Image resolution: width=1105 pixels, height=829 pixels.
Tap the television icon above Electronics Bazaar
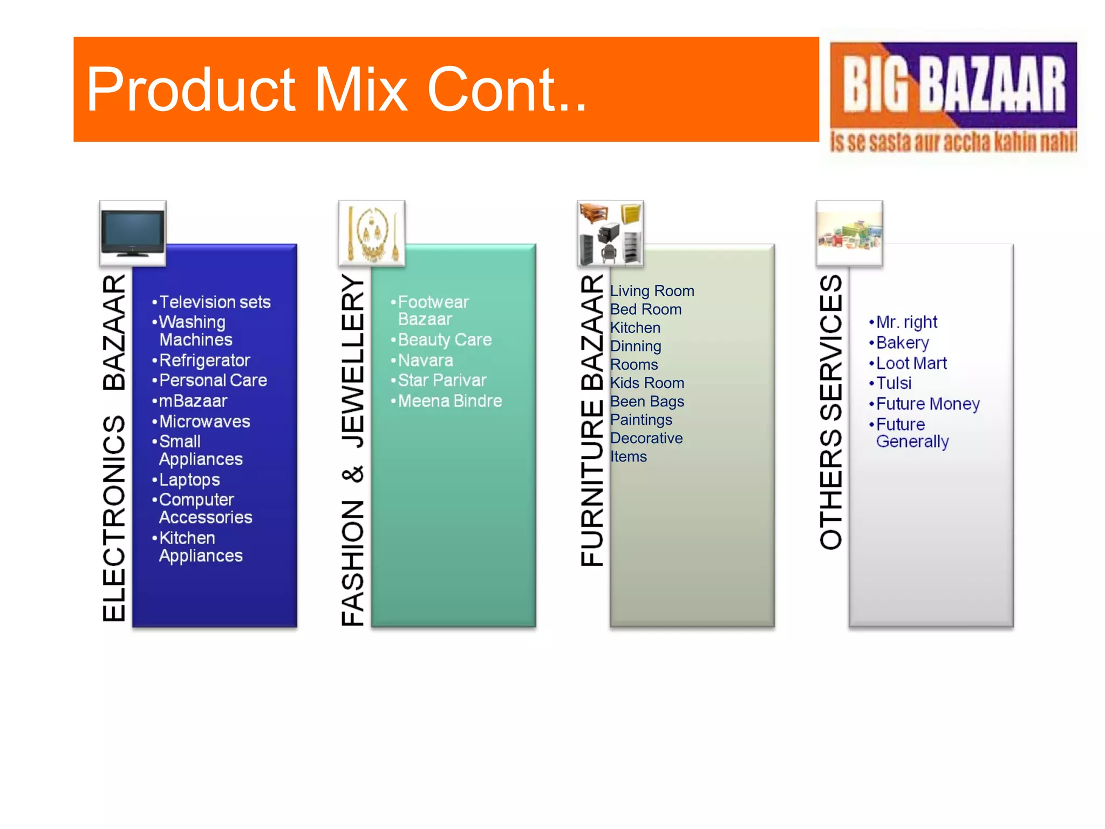(x=133, y=233)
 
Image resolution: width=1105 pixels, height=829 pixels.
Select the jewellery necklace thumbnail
(x=372, y=233)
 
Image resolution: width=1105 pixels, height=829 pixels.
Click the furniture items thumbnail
(x=610, y=233)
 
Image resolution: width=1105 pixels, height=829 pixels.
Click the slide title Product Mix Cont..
(x=336, y=90)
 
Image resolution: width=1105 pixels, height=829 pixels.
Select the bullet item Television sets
(x=215, y=302)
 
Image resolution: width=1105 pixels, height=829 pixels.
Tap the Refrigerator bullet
(x=204, y=360)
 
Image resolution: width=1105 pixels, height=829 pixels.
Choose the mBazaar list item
(x=193, y=401)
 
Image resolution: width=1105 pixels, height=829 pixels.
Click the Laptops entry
(x=189, y=480)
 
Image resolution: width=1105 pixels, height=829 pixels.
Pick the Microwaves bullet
(x=204, y=422)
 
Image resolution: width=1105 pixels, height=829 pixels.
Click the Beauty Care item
(x=445, y=339)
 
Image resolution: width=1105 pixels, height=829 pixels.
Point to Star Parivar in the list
(x=442, y=380)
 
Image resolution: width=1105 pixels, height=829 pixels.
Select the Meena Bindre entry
(x=450, y=401)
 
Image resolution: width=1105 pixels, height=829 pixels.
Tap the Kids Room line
(x=647, y=383)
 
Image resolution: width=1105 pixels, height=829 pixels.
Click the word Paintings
(x=641, y=420)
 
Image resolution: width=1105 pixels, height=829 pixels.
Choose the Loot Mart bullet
(x=911, y=363)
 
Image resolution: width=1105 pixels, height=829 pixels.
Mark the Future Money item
(x=927, y=404)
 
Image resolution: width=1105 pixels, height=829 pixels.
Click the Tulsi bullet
(x=893, y=383)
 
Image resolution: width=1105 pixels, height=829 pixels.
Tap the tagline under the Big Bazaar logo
(x=953, y=141)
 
